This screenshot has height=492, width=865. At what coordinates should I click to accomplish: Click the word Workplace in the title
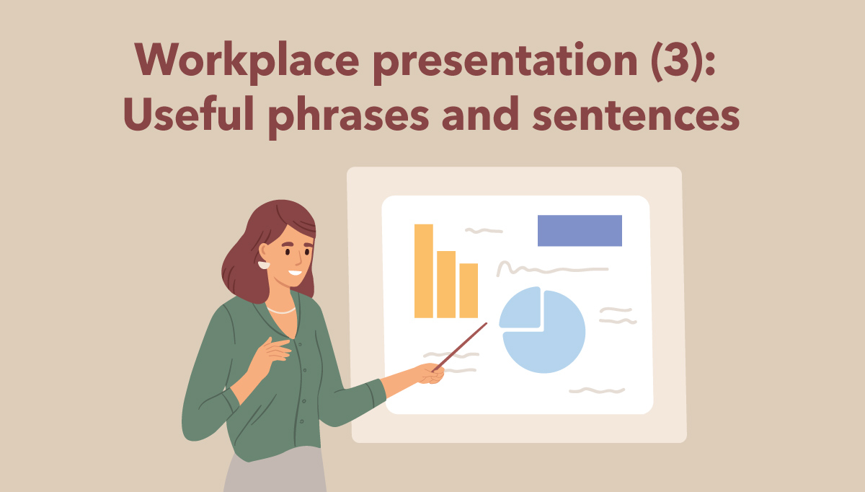click(x=247, y=61)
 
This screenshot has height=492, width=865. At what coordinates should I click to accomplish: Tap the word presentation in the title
click(x=505, y=62)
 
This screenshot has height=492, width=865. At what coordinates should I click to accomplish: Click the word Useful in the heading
click(x=188, y=113)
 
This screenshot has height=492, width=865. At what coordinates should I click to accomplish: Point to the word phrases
click(x=349, y=117)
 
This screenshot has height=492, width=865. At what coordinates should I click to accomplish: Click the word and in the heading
click(x=480, y=113)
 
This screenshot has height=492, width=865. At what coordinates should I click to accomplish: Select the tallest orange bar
click(x=424, y=271)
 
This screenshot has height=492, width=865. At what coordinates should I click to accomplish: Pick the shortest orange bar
click(x=469, y=291)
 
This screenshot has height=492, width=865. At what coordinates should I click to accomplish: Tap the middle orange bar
click(x=446, y=284)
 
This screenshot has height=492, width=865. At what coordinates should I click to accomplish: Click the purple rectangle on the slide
click(x=580, y=231)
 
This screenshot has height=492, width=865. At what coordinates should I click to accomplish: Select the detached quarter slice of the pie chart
click(x=521, y=309)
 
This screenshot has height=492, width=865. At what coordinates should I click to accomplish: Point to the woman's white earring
click(x=264, y=265)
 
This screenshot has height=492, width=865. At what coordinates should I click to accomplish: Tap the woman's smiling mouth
click(x=295, y=273)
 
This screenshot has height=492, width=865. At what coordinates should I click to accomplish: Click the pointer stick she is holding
click(x=460, y=347)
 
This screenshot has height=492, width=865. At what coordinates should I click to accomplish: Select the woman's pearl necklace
click(x=282, y=310)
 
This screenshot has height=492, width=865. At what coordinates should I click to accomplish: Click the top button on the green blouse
click(x=301, y=344)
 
